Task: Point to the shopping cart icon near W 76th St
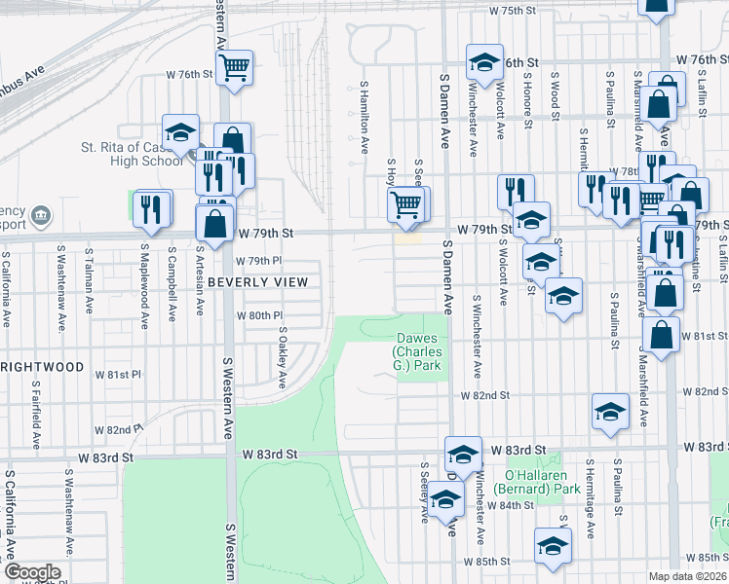click(x=234, y=69)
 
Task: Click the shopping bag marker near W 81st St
click(x=661, y=335)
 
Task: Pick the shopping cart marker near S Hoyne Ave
click(x=406, y=205)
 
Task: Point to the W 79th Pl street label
click(x=258, y=262)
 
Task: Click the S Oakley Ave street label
click(x=281, y=357)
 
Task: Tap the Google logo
click(x=32, y=572)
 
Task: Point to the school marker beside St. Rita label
click(x=180, y=134)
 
